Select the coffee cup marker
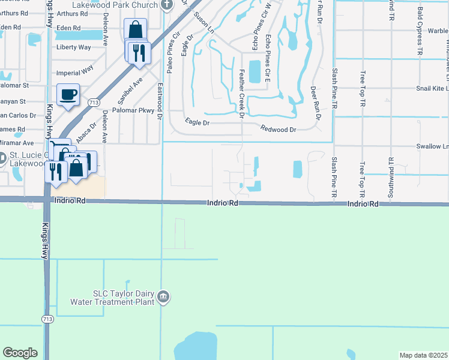(x=68, y=94)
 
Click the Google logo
(x=20, y=353)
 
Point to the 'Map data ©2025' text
(x=423, y=355)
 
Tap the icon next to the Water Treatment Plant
(x=164, y=297)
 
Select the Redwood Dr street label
(x=279, y=130)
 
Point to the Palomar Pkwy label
(x=139, y=110)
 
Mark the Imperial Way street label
(x=74, y=70)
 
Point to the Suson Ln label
(x=202, y=21)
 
